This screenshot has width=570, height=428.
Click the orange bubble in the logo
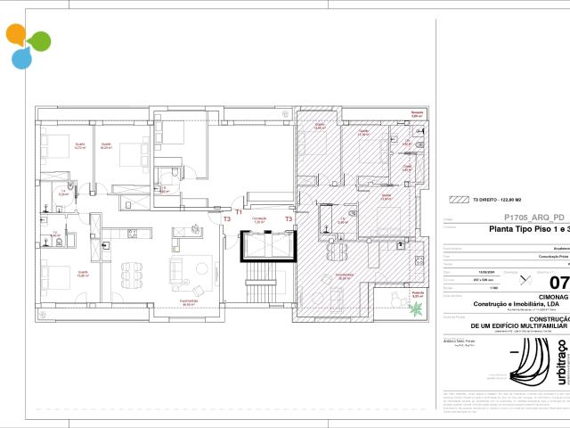point(17,35)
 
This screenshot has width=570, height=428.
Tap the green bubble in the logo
point(39,41)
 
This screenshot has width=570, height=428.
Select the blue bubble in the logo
point(20,59)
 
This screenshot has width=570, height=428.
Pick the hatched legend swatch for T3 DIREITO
point(460,201)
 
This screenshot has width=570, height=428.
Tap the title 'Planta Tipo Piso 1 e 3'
point(530,228)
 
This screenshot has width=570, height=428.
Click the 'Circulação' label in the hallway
point(260,218)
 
